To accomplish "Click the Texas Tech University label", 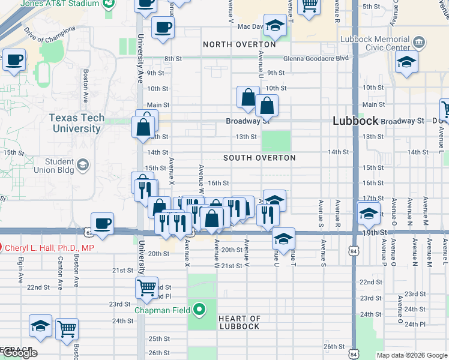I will (x=76, y=123).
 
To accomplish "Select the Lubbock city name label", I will (x=355, y=121).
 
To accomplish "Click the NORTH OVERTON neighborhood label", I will (x=240, y=44).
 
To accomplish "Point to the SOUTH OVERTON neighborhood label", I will (x=259, y=158).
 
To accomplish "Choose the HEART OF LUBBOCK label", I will (x=239, y=322).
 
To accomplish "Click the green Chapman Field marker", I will (x=200, y=310).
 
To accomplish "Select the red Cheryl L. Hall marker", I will (x=1, y=247).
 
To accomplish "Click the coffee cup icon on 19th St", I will (x=102, y=223).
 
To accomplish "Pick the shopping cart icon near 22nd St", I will (x=146, y=287).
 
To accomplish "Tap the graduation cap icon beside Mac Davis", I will (x=275, y=25).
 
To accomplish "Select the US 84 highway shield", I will (x=354, y=252).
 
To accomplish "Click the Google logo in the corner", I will (x=19, y=353).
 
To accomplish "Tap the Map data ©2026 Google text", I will (x=411, y=355).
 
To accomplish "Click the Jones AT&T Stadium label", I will (x=59, y=4).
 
